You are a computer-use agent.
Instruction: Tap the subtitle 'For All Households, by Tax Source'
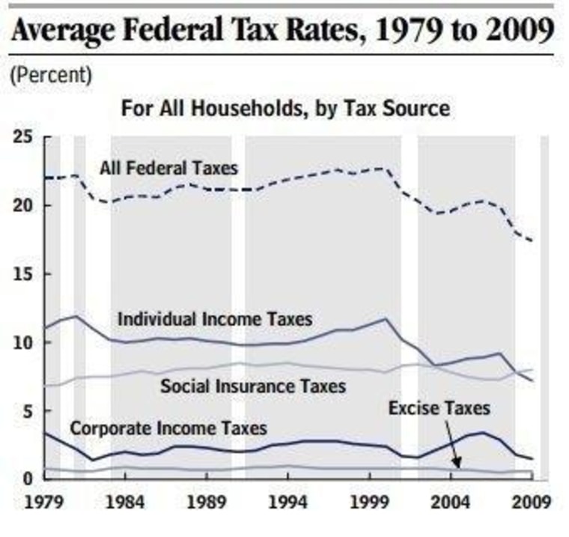tap(285, 109)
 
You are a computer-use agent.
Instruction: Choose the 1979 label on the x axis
tap(43, 500)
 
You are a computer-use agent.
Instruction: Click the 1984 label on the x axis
tap(124, 500)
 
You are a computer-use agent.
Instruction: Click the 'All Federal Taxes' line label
tap(168, 167)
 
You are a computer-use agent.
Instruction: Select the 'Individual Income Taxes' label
tap(214, 319)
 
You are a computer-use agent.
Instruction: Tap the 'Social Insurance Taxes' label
tap(253, 386)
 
